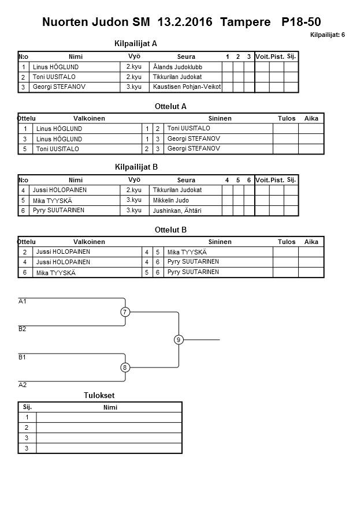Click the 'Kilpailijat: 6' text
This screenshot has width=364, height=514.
click(x=327, y=35)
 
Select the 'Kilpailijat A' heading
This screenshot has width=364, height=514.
click(x=136, y=43)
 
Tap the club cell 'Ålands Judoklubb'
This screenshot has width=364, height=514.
click(x=178, y=67)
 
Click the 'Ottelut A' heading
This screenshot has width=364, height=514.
click(x=170, y=107)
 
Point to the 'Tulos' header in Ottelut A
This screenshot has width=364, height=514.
click(x=287, y=118)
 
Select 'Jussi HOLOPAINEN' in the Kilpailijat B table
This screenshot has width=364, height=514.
click(x=60, y=190)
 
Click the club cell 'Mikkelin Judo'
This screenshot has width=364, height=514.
click(x=171, y=200)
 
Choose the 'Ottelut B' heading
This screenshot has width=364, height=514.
click(x=170, y=230)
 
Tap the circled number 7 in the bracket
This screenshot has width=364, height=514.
click(x=125, y=312)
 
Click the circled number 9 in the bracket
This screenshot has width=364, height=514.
click(x=179, y=340)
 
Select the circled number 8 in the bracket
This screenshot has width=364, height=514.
click(x=125, y=367)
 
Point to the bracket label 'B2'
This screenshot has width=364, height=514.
click(x=23, y=329)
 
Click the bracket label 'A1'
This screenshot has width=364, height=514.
click(x=23, y=301)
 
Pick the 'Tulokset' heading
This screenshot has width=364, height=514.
click(x=99, y=395)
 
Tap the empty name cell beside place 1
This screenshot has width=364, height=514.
click(x=109, y=417)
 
